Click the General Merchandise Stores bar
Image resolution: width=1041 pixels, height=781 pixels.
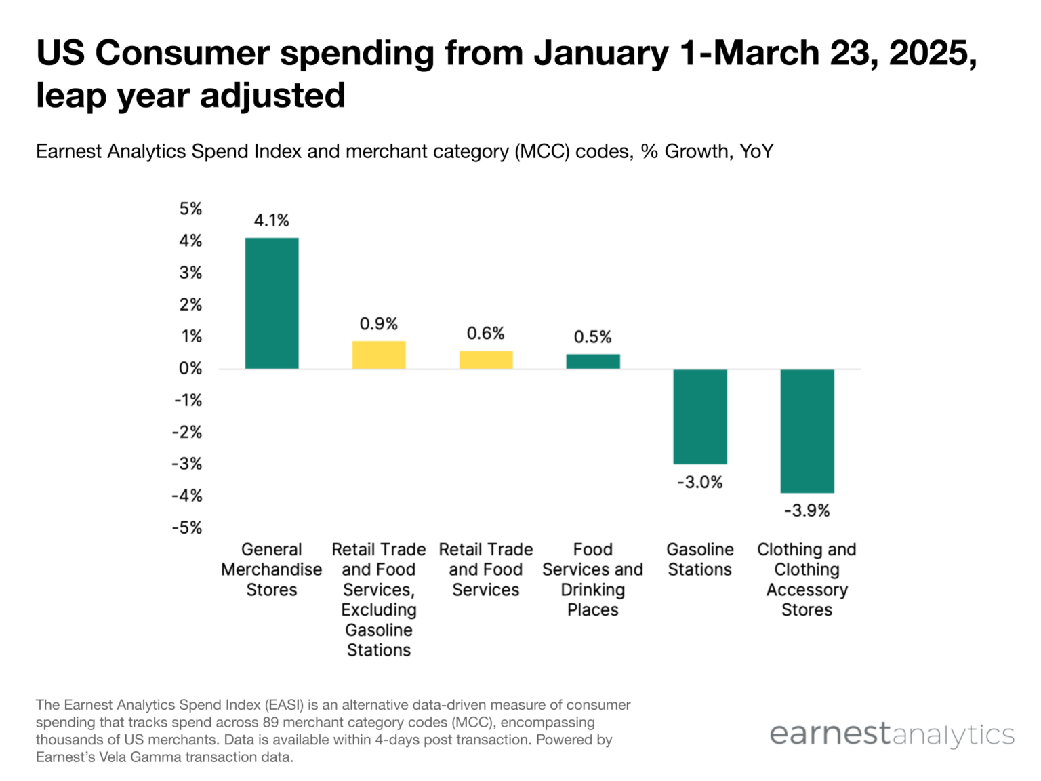pyautogui.click(x=271, y=303)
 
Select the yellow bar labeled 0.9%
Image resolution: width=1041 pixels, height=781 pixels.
pyautogui.click(x=378, y=355)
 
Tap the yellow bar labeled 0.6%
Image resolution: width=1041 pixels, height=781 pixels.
pyautogui.click(x=485, y=360)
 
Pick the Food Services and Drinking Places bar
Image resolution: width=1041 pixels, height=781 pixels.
pyautogui.click(x=592, y=361)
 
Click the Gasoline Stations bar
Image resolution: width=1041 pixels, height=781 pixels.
pyautogui.click(x=699, y=416)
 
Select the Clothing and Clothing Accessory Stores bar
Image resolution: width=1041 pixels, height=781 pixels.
pyautogui.click(x=807, y=430)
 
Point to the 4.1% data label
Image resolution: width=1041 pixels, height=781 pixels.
pyautogui.click(x=271, y=220)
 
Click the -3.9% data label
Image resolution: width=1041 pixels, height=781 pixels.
pyautogui.click(x=807, y=510)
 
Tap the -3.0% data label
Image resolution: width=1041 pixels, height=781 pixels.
pyautogui.click(x=699, y=483)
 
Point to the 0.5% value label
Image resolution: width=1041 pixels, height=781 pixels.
pyautogui.click(x=592, y=337)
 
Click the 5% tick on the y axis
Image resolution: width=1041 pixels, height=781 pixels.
pyautogui.click(x=190, y=209)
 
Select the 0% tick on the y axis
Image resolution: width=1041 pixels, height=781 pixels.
pyautogui.click(x=190, y=369)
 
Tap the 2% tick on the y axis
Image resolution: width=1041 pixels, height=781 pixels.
pyautogui.click(x=190, y=305)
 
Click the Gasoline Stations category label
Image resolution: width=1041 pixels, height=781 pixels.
pyautogui.click(x=699, y=559)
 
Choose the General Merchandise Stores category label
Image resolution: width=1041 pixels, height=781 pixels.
pyautogui.click(x=271, y=569)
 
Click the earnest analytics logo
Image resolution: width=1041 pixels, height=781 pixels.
pyautogui.click(x=891, y=734)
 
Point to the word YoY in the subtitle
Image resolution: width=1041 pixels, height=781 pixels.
pyautogui.click(x=756, y=151)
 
